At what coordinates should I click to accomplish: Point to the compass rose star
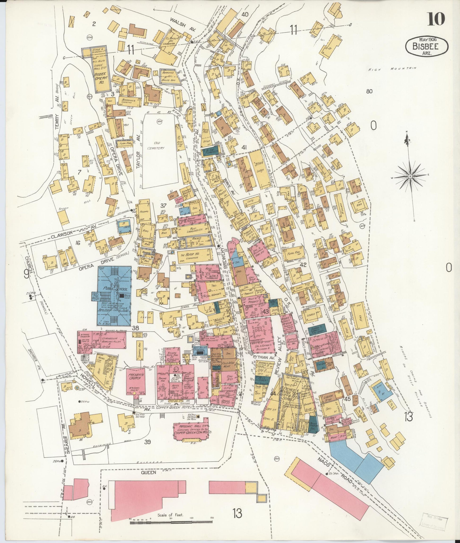coord(410,177)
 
